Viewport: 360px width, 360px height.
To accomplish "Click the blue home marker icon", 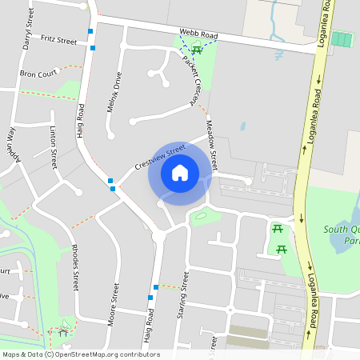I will point(180,173).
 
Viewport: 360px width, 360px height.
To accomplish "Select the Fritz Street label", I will point(58,40).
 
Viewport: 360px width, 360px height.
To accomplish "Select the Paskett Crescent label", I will point(190,80).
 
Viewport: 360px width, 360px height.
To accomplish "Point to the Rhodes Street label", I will point(75,266).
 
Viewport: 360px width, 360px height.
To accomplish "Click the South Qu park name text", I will point(342,235).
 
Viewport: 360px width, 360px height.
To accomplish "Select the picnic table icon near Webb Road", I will point(197,52).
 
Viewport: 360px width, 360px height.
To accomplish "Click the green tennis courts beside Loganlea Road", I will point(342,40).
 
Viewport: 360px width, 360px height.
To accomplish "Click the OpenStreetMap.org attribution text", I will point(104,354).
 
